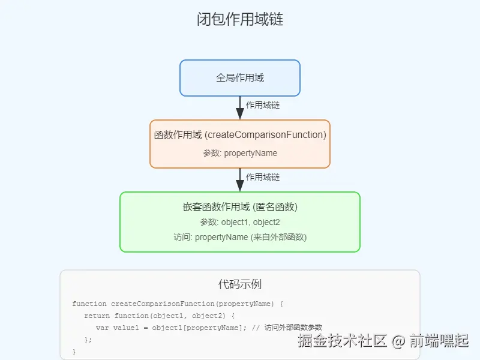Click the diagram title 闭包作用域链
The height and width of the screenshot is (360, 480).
(x=240, y=20)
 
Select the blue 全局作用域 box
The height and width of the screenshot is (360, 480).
(x=240, y=78)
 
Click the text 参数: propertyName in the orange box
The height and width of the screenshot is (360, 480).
(x=240, y=153)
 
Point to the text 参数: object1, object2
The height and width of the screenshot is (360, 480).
(x=240, y=222)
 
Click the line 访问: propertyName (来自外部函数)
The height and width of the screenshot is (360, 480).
(x=240, y=237)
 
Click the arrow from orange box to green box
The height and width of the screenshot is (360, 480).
(x=240, y=181)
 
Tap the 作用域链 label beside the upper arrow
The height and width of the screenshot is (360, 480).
(x=263, y=105)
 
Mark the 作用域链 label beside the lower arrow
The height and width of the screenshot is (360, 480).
(x=263, y=177)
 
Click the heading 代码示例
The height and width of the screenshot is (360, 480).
(x=240, y=284)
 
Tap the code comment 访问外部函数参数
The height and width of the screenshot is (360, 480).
(x=293, y=328)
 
